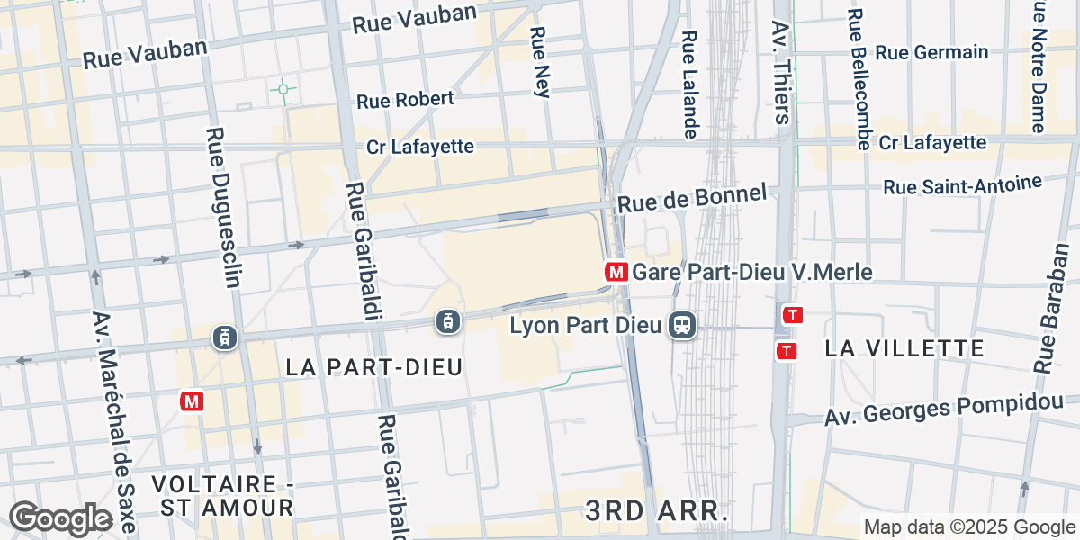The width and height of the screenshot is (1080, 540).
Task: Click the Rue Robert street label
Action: coord(405,100)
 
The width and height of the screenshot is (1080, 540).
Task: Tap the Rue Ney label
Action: coord(540,60)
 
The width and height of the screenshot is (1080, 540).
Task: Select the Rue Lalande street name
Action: coord(689,85)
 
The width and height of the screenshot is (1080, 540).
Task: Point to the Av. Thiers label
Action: coord(780,72)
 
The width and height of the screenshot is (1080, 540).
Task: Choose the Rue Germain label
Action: coord(931,52)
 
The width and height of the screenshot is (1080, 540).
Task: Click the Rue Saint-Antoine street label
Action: coord(962,185)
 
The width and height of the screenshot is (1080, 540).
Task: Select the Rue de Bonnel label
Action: coord(692,198)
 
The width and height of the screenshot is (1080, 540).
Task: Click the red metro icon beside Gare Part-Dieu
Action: coord(616,271)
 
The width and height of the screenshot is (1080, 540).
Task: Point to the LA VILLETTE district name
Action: coord(904,348)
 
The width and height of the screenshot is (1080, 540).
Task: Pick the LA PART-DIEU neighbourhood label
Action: coord(373,366)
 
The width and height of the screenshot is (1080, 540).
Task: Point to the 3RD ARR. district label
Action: coord(656,510)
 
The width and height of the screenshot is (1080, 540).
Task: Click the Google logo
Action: coord(60,517)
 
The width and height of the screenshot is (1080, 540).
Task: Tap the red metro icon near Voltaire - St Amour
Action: coord(191,401)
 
